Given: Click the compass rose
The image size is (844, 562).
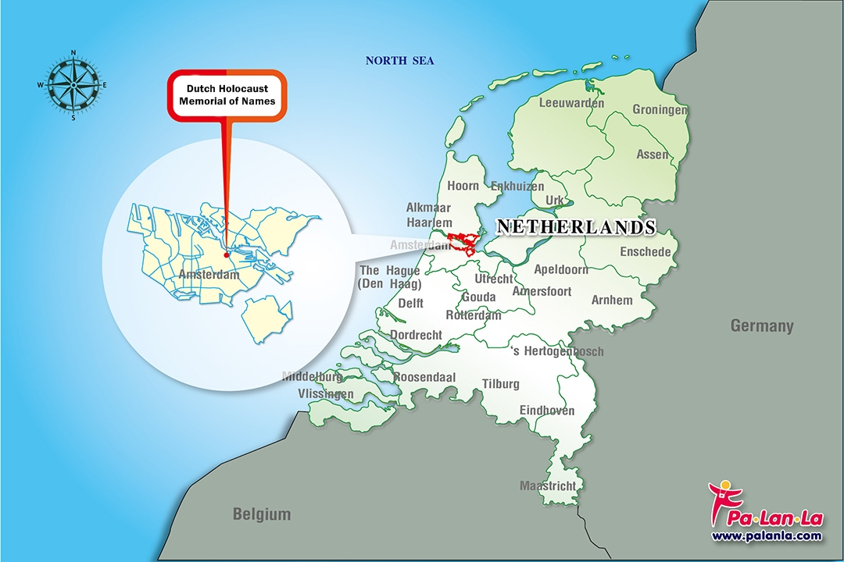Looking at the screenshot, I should [73, 84].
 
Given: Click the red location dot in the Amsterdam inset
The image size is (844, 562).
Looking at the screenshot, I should [226, 254].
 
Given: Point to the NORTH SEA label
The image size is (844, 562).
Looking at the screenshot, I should [400, 61].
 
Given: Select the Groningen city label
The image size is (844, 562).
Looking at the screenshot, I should [660, 110].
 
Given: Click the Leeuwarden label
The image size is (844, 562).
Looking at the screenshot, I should [571, 103].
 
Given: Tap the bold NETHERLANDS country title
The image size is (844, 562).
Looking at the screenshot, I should [576, 227].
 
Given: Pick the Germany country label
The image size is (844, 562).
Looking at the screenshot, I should [761, 326].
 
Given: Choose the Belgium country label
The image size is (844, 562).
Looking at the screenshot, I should [261, 514].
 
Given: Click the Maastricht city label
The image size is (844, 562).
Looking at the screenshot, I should [548, 486].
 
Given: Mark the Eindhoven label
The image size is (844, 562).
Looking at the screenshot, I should [547, 411].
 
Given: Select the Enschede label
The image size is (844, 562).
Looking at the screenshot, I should [646, 252].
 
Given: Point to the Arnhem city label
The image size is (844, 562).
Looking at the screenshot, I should [612, 301].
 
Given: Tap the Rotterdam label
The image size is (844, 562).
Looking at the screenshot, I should [473, 315].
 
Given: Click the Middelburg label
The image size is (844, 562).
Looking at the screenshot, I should [312, 377].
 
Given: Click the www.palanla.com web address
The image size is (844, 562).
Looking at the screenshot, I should [767, 535].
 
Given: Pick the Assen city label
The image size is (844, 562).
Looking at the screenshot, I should [653, 155].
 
